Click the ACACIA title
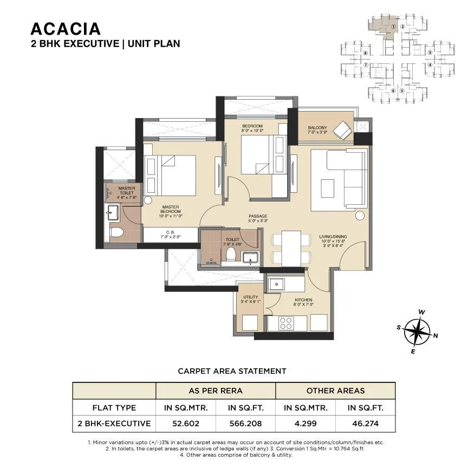[66, 28]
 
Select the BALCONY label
[317, 128]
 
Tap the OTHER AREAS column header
[335, 391]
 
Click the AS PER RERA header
[216, 391]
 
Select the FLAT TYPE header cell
[114, 407]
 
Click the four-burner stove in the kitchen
[285, 323]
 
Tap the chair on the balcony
[342, 131]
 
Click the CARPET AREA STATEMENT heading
[232, 371]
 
